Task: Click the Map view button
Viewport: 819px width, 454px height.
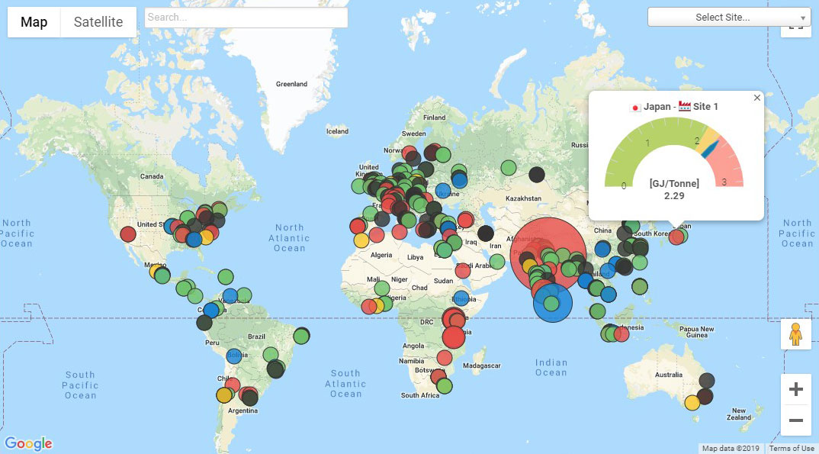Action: point(34,22)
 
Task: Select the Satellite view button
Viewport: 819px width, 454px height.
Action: point(98,22)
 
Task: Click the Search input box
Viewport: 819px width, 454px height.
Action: point(246,18)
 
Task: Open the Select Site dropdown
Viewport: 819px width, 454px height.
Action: point(728,17)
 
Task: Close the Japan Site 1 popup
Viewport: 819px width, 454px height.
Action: point(756,98)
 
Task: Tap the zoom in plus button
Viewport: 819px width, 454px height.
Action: point(795,390)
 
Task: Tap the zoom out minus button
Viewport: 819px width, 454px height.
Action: point(795,420)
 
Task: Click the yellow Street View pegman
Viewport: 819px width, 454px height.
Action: point(795,335)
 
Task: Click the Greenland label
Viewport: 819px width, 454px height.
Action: point(291,84)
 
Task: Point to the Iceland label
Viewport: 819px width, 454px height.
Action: point(337,131)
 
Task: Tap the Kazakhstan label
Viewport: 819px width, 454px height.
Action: point(524,198)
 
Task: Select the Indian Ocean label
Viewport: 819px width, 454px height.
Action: point(551,368)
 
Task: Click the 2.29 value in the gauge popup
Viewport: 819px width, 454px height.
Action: point(674,196)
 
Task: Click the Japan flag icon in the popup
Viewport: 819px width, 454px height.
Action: point(635,107)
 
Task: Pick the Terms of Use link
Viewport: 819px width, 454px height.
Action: point(791,449)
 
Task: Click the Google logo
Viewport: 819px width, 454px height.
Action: point(28,443)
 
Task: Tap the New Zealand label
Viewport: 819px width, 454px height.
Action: point(739,414)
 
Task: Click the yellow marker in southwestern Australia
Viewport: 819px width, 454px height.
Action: point(692,402)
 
